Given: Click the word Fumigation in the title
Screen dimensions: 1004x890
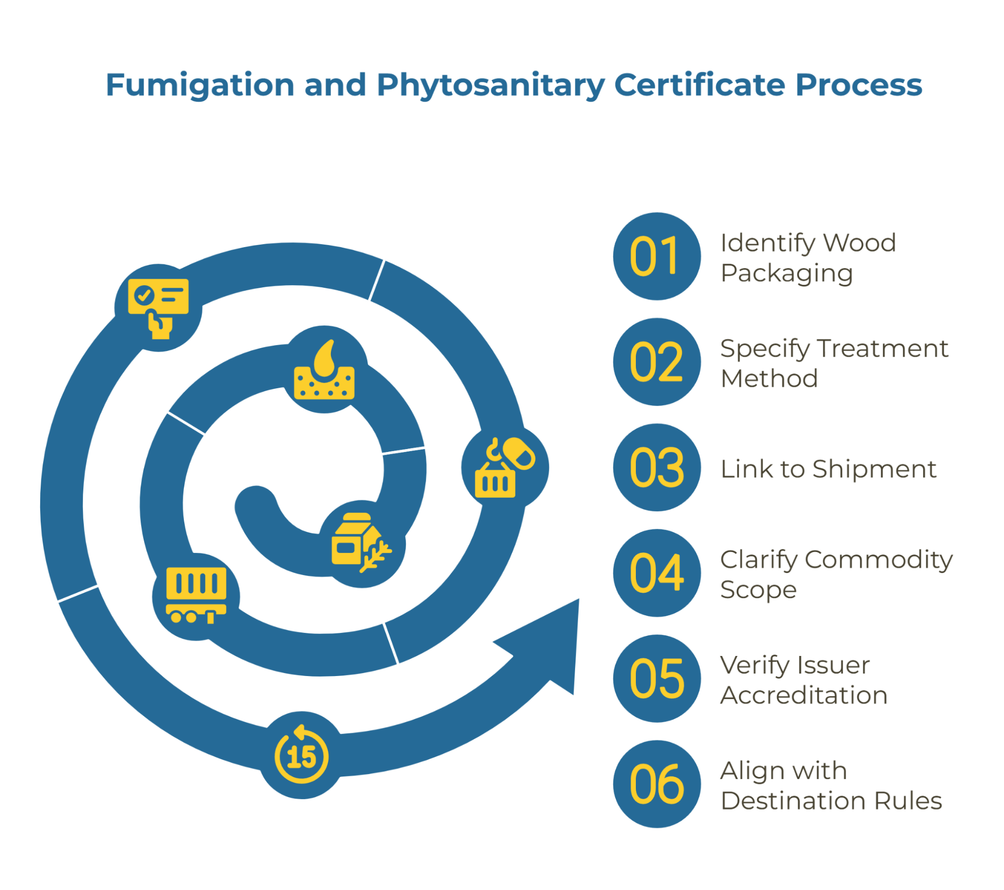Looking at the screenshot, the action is coord(200,86).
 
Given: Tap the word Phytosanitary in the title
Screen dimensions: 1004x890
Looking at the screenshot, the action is coord(491,86).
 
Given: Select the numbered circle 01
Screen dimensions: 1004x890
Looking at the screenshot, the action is coord(656,256).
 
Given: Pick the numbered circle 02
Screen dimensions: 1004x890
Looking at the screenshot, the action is coord(656,362).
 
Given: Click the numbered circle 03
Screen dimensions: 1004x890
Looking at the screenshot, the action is coord(656,467).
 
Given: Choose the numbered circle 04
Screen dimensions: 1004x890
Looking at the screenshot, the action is coord(656,573).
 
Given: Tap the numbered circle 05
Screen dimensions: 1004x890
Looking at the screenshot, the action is coord(656,678).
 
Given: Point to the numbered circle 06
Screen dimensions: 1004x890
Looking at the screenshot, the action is coord(656,784).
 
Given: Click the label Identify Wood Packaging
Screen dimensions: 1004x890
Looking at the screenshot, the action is coord(808,258).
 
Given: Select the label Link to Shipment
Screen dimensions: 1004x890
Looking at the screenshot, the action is coord(828,469).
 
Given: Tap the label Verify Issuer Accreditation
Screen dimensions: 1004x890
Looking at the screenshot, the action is coord(804,680).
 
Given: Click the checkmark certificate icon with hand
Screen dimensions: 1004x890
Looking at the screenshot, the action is coord(158,308).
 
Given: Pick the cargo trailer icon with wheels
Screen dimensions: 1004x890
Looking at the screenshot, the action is coord(196,596).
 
